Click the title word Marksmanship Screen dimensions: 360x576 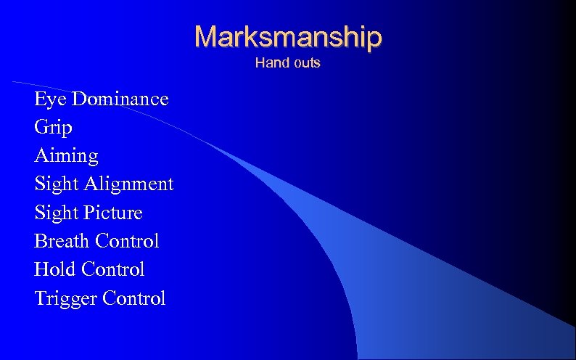point(287,36)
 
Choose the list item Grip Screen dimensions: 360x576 point(53,128)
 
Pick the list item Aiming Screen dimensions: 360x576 point(66,156)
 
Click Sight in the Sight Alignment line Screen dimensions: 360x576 point(57,184)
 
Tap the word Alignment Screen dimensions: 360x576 point(129,184)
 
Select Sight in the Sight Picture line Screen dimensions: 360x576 point(57,213)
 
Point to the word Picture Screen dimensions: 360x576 point(113,213)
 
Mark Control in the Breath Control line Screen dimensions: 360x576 point(127,241)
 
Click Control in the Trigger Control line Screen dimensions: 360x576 point(134,298)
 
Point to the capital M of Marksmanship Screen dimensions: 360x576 point(207,36)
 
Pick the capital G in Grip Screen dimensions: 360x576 point(41,128)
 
